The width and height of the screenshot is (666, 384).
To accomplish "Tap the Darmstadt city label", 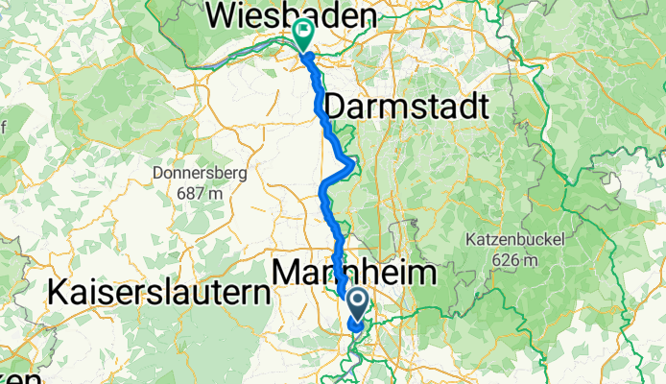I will [x=408, y=106].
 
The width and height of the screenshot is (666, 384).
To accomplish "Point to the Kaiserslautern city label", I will [x=155, y=292].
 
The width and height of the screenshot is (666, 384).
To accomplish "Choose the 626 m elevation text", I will [x=514, y=258].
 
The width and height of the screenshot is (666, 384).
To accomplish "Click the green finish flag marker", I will [x=303, y=34].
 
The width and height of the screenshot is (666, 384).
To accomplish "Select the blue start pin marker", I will [x=357, y=305].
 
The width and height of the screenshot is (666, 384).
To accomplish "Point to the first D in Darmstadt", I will [x=338, y=106].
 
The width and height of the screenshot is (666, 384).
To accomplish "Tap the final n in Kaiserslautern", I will [x=255, y=292].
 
